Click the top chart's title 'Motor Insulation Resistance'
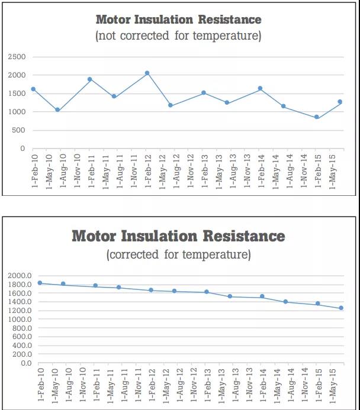178,20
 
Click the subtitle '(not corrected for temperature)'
178,35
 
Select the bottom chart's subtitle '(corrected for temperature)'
178,255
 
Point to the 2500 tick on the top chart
17,57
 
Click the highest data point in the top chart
147,73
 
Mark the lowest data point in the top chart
317,117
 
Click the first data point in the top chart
33,89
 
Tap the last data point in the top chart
340,102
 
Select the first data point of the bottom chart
40,283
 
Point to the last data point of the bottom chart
341,308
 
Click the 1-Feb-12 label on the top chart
147,170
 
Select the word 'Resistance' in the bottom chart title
244,237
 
